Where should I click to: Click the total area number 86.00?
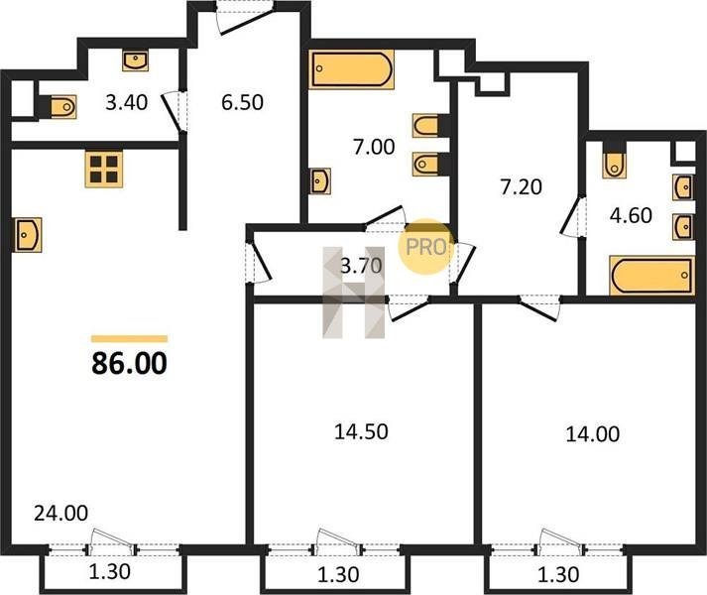point(130,364)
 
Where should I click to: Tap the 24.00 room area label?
point(60,514)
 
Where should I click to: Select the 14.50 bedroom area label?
point(361,431)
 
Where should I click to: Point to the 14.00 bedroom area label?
point(593,434)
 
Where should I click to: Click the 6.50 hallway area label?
point(242,102)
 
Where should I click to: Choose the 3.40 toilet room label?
point(126,102)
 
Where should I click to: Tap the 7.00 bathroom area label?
point(374,147)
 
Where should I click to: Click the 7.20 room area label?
point(521,186)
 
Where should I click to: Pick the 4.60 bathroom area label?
point(631,215)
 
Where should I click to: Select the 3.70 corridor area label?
point(361,266)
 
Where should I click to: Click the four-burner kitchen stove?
point(104,170)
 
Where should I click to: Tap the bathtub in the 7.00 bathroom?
point(351,69)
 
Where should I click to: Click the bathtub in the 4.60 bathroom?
point(652,275)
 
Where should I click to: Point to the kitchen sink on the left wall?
point(29,235)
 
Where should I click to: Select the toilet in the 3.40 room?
point(62,107)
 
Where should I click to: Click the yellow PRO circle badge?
point(424,246)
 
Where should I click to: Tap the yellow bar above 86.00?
point(130,339)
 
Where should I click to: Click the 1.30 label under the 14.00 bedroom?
point(558,575)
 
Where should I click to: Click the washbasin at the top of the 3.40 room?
point(135,60)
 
